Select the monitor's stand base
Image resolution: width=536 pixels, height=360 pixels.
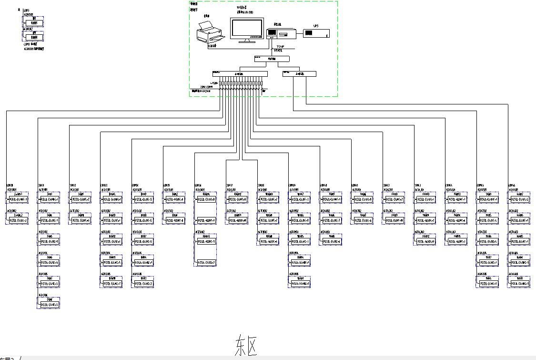[x=246, y=41]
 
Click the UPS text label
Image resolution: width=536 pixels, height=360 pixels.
[x=316, y=26]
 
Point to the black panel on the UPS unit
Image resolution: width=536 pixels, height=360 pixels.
[x=309, y=33]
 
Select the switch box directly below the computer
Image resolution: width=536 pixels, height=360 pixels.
[x=272, y=59]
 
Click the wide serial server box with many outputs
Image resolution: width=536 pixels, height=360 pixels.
[x=240, y=74]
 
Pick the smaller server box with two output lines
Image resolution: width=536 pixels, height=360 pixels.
[x=299, y=73]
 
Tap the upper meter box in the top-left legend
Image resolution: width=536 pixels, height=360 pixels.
[x=34, y=22]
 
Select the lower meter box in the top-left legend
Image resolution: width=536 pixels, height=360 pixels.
[x=34, y=37]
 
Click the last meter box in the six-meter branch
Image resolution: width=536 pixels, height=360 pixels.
[x=50, y=305]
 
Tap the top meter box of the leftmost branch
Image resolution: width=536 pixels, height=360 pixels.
[x=18, y=199]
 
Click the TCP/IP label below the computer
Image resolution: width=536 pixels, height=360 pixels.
[x=280, y=46]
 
